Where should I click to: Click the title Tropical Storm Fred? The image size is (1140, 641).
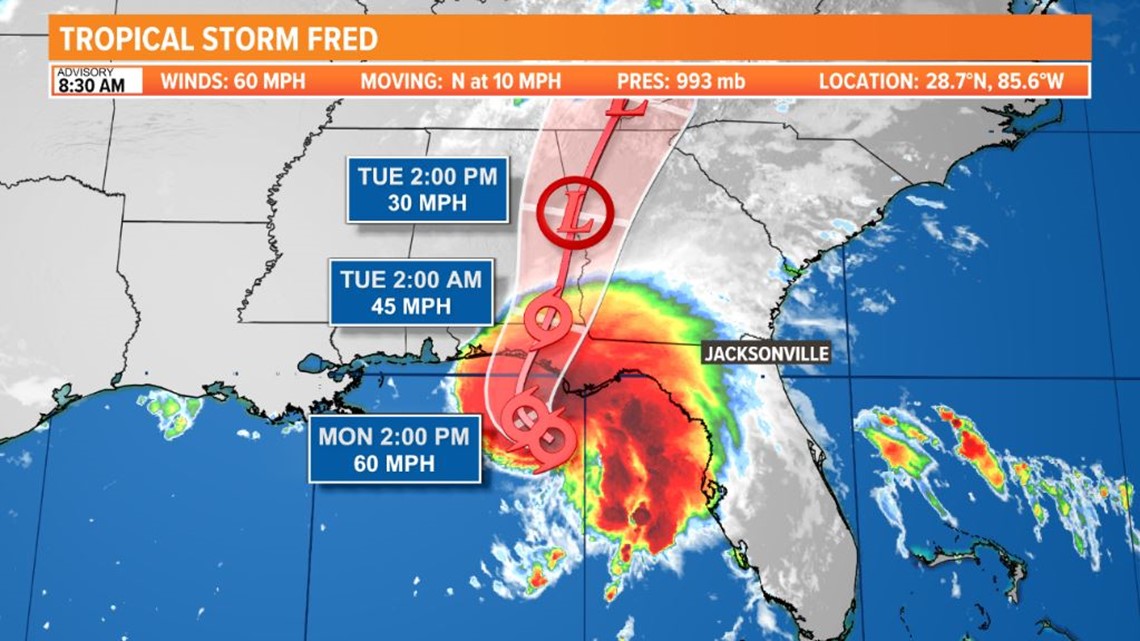point(219,40)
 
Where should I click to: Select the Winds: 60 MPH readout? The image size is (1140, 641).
point(233,81)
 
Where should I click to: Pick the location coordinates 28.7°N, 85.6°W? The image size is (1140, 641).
point(942,81)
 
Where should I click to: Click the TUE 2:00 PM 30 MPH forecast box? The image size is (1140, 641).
point(427,190)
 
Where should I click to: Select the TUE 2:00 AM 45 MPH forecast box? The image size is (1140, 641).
point(411,292)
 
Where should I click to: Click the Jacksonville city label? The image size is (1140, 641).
point(766,353)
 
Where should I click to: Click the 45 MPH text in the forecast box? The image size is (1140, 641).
point(411,305)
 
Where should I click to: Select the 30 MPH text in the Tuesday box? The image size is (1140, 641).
point(427,203)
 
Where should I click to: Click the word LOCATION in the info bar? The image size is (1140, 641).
point(865,81)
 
